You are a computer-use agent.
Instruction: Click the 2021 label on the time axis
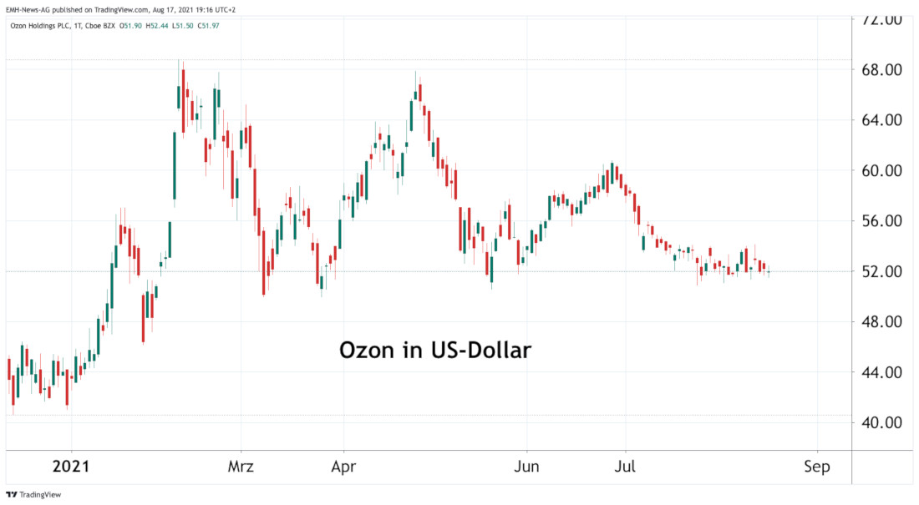(71, 467)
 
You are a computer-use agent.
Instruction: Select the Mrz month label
(241, 467)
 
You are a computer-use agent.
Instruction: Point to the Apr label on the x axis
(343, 467)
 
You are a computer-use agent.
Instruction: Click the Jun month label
(526, 467)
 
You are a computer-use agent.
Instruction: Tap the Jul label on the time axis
(625, 467)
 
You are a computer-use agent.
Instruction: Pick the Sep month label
(817, 467)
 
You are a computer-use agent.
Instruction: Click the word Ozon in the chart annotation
(367, 351)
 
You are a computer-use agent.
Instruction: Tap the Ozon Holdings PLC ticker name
(39, 26)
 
